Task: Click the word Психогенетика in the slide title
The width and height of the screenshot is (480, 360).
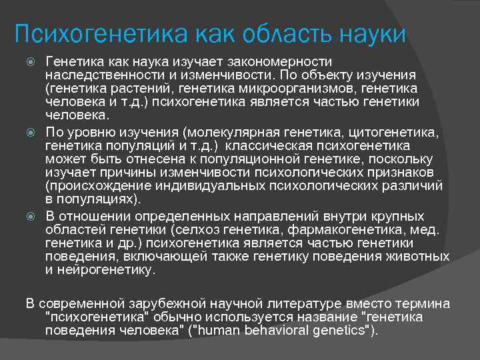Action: pos(101,33)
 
